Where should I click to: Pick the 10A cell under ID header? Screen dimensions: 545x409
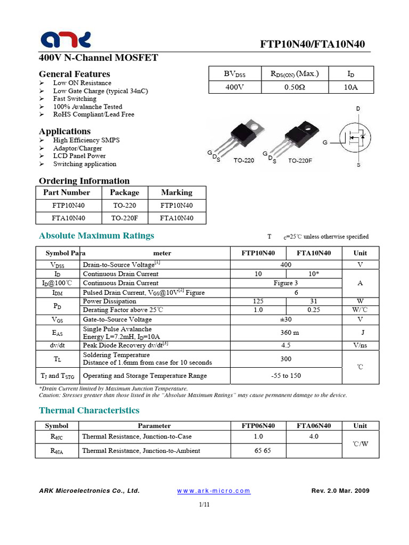[351, 87]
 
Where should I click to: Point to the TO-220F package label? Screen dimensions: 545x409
[300, 160]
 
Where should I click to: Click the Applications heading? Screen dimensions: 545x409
[65, 131]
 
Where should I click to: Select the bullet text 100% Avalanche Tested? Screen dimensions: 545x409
[87, 106]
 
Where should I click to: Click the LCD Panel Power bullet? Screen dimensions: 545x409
[79, 156]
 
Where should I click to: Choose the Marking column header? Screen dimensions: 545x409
[176, 193]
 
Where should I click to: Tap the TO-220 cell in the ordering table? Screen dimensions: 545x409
[124, 205]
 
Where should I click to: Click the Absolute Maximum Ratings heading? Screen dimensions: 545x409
[97, 236]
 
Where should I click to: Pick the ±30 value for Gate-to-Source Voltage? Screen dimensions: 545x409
[285, 319]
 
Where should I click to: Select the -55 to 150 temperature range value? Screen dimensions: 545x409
[285, 376]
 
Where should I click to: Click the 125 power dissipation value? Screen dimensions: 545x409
[258, 301]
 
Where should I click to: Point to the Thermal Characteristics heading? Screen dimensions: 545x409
[89, 410]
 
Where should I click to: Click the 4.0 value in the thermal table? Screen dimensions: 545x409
[314, 436]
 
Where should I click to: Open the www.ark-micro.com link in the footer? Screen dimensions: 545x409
[213, 491]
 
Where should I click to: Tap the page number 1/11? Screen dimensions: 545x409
[204, 505]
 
